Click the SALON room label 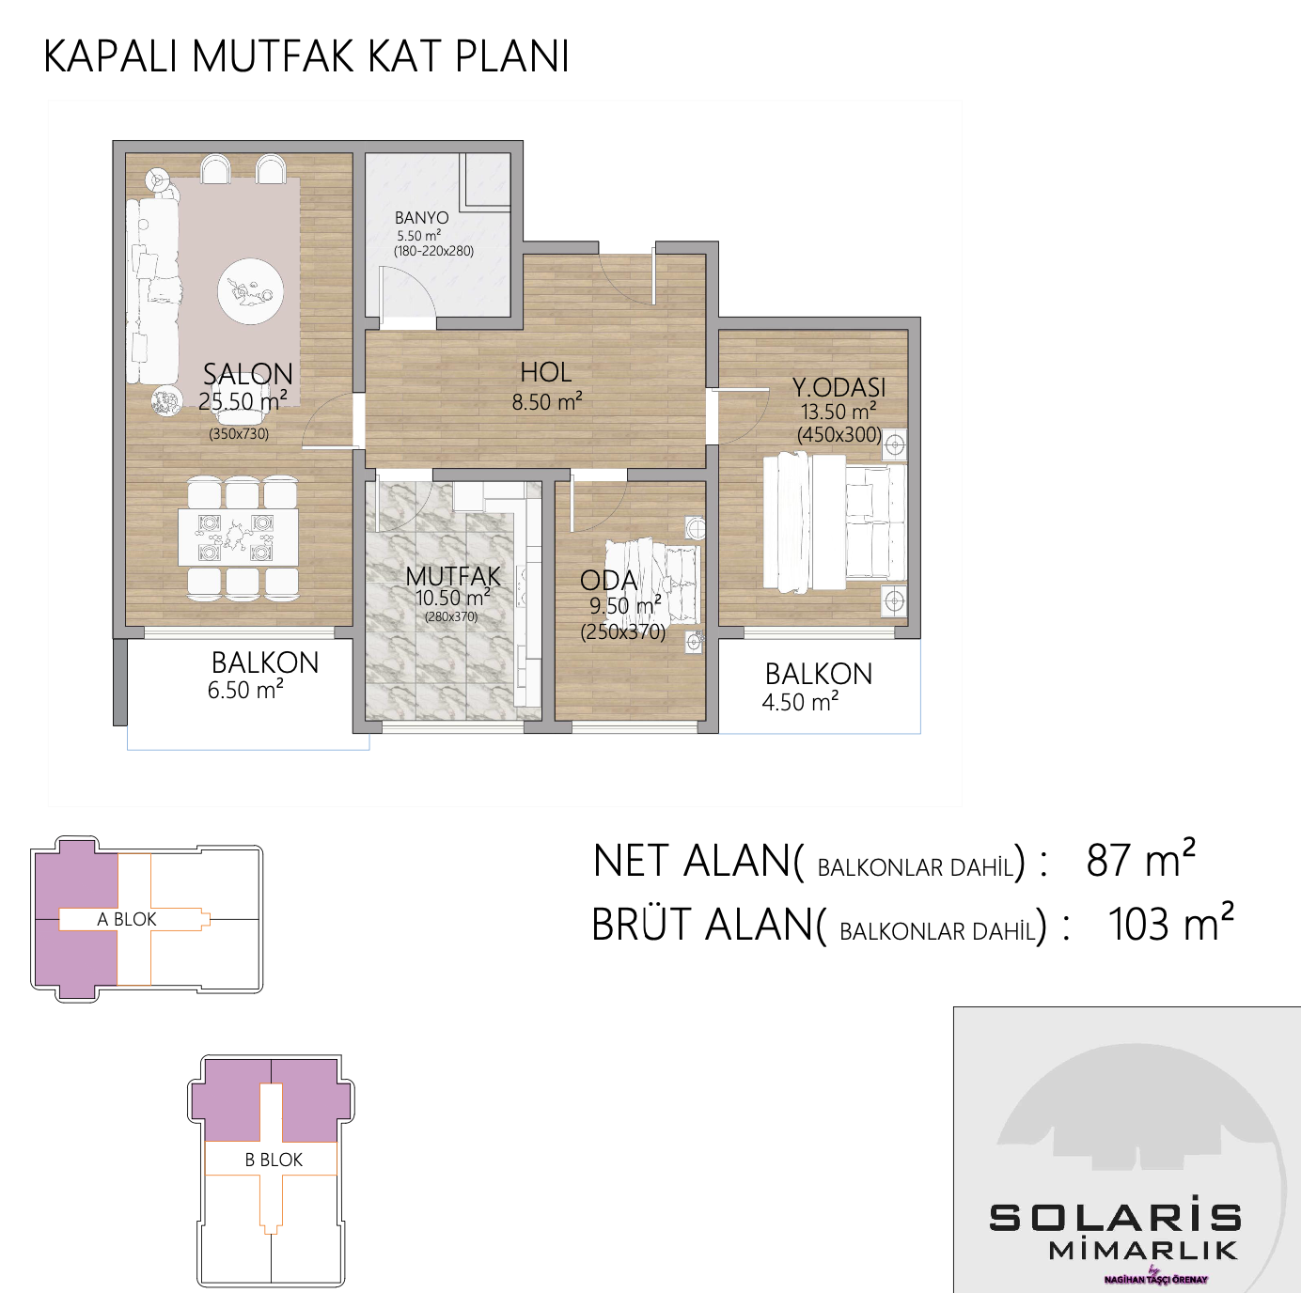click(248, 374)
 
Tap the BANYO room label click(422, 217)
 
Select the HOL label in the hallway click(545, 372)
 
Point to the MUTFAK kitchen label click(453, 577)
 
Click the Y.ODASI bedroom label click(839, 387)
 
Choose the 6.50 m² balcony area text click(245, 690)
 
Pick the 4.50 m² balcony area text click(800, 702)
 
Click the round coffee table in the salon click(250, 292)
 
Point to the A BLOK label click(126, 919)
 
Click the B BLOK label click(274, 1160)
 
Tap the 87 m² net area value click(1140, 860)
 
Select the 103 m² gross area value click(1170, 923)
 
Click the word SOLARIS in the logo click(1115, 1218)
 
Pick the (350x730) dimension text click(239, 433)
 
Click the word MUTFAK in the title click(273, 56)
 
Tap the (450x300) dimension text click(839, 434)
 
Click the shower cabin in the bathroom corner click(485, 179)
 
